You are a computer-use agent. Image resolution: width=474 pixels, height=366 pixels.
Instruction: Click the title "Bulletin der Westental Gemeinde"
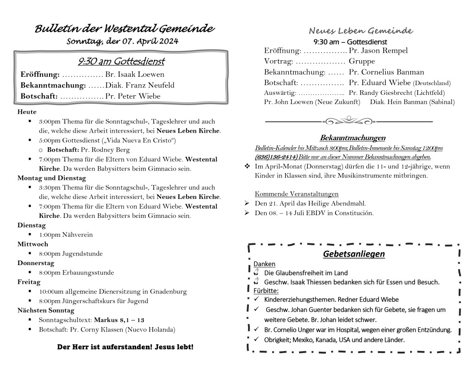(x=125, y=29)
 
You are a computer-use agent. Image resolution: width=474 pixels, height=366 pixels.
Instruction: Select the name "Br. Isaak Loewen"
(x=135, y=74)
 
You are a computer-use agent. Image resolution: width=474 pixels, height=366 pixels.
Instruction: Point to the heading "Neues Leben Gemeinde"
(x=360, y=31)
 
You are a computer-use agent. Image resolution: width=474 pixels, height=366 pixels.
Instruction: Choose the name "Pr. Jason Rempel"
(x=378, y=50)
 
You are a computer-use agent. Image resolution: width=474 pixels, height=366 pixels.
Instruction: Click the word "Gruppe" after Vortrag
(x=362, y=61)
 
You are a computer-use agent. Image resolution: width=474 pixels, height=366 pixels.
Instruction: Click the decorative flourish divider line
(x=349, y=121)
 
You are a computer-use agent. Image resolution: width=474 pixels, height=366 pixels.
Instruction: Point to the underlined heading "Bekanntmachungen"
(x=353, y=138)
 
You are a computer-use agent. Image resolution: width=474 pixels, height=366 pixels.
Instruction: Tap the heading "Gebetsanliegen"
(x=354, y=254)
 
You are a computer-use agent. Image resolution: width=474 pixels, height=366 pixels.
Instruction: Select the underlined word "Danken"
(x=264, y=264)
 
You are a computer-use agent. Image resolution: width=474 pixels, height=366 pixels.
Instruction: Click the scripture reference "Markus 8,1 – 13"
(x=119, y=320)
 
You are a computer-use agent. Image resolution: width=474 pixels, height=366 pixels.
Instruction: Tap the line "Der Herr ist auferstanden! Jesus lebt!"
(x=125, y=347)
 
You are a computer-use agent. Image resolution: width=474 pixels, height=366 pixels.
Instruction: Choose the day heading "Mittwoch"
(x=33, y=244)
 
